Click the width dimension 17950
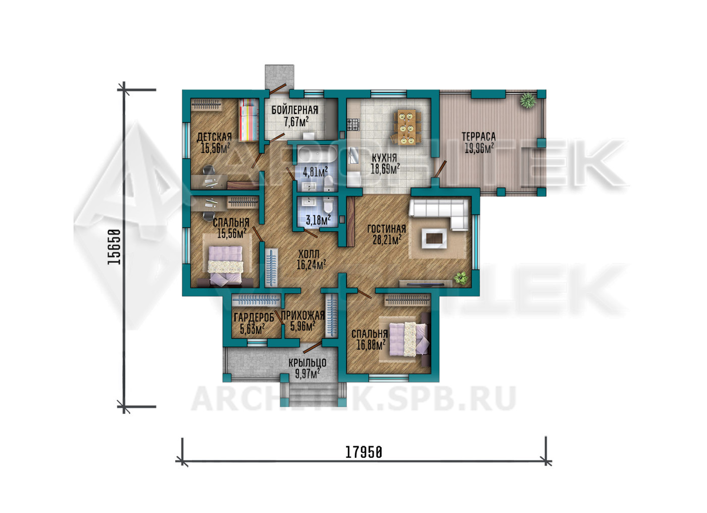tap(364, 452)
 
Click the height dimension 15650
tap(114, 247)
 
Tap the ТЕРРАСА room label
tap(479, 137)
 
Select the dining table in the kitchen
tap(407, 127)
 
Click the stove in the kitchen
tap(353, 124)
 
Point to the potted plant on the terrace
tap(527, 101)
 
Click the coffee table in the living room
tap(434, 239)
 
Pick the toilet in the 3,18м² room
tap(329, 206)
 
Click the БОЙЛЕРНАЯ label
tap(295, 110)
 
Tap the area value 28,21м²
tap(387, 240)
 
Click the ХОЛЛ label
tap(309, 254)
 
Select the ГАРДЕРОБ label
tap(254, 317)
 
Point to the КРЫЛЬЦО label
tap(307, 363)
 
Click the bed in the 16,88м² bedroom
tap(409, 340)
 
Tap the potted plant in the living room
tap(461, 278)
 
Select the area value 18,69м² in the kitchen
tap(385, 169)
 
